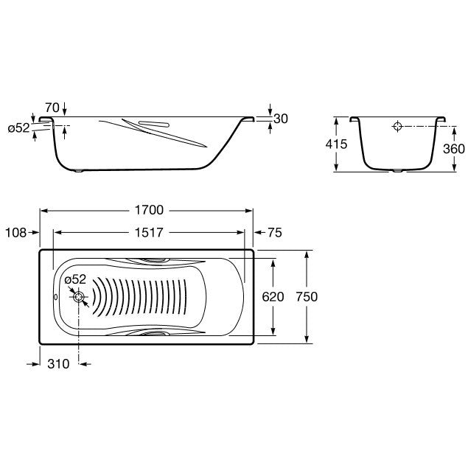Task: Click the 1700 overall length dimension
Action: click(149, 210)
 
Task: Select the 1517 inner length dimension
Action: click(149, 232)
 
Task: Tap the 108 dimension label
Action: click(15, 233)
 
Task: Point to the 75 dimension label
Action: click(275, 232)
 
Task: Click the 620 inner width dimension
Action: click(273, 297)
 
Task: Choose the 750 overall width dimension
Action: click(307, 297)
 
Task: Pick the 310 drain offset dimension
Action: click(58, 364)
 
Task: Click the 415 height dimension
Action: click(336, 144)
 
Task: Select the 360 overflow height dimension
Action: click(454, 149)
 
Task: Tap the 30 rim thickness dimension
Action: click(281, 119)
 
